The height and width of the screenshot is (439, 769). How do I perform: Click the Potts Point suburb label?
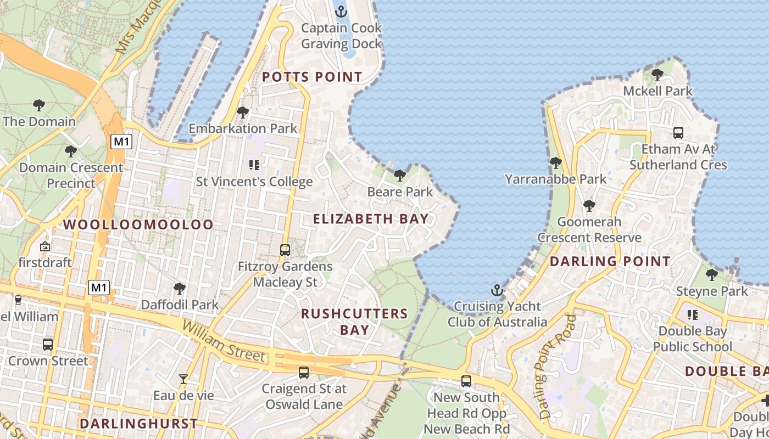(312, 77)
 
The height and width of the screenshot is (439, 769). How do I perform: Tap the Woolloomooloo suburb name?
(138, 224)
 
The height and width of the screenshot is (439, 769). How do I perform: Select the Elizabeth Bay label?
(371, 219)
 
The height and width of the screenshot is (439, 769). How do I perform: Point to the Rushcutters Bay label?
(354, 322)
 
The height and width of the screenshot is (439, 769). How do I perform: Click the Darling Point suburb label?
(610, 262)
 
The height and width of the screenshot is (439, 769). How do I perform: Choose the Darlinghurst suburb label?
(138, 424)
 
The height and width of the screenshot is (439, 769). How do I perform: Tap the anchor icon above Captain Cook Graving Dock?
(341, 11)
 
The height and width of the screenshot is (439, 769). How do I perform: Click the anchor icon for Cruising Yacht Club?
(497, 290)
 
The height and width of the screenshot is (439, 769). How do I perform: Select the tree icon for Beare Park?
(400, 176)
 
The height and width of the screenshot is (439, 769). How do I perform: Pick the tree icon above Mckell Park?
(657, 74)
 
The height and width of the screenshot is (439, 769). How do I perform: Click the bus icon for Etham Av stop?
(678, 132)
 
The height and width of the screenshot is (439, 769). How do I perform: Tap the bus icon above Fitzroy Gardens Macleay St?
(285, 250)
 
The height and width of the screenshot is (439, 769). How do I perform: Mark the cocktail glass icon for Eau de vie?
(183, 379)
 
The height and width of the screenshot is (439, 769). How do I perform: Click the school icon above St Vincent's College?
(254, 165)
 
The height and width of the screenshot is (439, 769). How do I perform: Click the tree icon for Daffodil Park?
(179, 288)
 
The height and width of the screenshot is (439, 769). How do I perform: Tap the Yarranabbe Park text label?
(555, 179)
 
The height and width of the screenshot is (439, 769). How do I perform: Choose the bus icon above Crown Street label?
(48, 345)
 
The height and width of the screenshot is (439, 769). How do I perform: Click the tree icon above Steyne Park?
(711, 274)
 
